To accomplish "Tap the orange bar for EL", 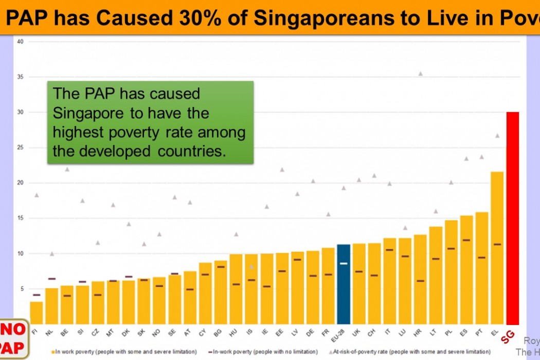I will (497, 247).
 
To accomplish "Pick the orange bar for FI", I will (36, 313).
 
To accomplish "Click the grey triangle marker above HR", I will (420, 74).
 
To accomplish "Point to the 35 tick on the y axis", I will (21, 77).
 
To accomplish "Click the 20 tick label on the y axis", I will (21, 183).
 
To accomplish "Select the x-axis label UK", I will (356, 333).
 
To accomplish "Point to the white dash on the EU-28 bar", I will (343, 263).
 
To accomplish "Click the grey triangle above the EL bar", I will (497, 136).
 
